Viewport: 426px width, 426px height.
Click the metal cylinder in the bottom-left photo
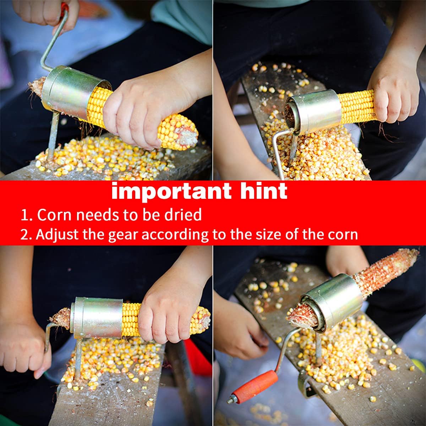97,318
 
